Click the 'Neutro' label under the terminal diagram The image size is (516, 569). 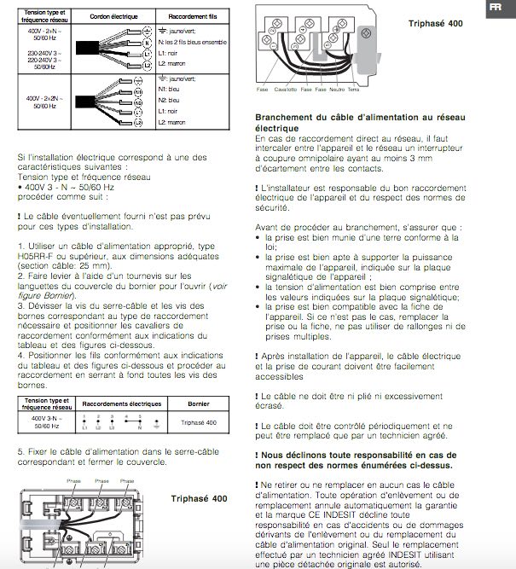(336, 90)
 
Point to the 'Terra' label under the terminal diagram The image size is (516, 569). (354, 90)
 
